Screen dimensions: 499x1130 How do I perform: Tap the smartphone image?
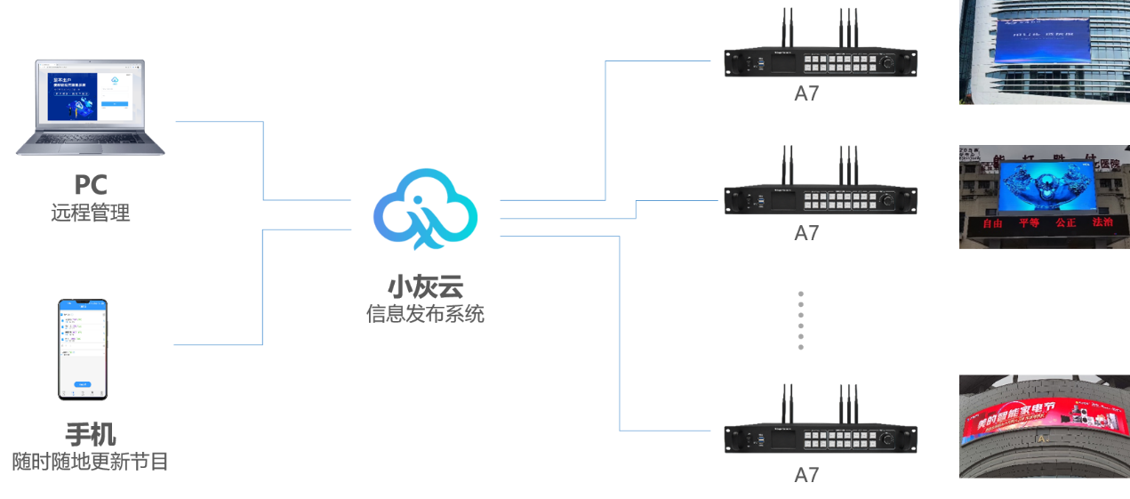tap(83, 350)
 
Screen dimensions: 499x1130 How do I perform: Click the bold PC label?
tap(91, 185)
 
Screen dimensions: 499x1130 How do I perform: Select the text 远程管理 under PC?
tap(91, 213)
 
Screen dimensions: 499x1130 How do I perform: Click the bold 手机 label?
tap(91, 434)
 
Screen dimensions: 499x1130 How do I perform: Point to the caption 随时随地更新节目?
tap(91, 462)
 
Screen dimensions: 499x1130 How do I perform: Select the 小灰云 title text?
tap(426, 286)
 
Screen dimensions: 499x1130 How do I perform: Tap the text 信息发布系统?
tap(426, 314)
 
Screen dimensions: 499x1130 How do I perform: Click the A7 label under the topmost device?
tap(806, 94)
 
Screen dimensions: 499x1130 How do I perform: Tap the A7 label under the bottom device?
tap(806, 475)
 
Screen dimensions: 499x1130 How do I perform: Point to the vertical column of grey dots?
tap(800, 320)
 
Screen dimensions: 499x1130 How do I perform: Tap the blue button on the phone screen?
tap(83, 383)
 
